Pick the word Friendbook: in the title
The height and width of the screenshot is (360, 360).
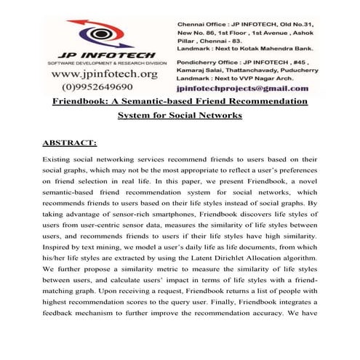pos(85,102)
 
